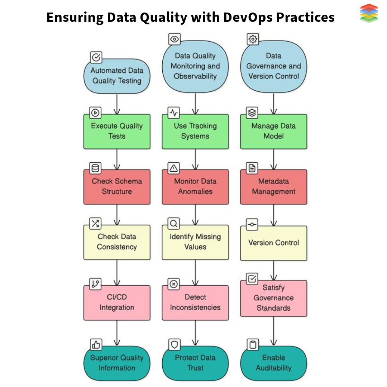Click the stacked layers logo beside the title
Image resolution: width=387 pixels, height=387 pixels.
pos(369,13)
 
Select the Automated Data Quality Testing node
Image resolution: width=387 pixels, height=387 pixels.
pos(117,76)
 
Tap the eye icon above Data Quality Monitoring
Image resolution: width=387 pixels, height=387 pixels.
pos(175,39)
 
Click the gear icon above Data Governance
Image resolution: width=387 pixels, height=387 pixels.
pos(253,39)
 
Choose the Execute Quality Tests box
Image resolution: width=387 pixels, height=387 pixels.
pos(117,131)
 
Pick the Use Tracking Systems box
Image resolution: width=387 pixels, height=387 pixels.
pos(195,131)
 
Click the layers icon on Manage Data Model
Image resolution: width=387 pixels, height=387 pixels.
pos(252,113)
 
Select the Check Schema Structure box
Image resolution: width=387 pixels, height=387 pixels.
pos(117,186)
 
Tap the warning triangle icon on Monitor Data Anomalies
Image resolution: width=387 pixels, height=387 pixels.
pos(174,168)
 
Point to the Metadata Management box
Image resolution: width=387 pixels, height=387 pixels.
pos(273,186)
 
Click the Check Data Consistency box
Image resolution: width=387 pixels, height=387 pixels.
pos(117,242)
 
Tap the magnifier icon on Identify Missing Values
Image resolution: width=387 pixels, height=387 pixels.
pos(174,224)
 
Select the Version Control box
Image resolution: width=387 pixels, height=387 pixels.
pos(273,243)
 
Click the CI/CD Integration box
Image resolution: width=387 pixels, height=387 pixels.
pos(117,302)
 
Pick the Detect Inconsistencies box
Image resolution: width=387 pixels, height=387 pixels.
pos(195,302)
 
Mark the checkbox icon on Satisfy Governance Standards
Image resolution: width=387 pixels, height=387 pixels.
pos(252,278)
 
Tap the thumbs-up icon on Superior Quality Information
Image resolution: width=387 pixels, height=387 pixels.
pos(96,345)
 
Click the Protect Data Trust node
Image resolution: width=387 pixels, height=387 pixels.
pos(195,363)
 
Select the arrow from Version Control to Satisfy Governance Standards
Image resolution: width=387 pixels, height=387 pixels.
pos(274,270)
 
